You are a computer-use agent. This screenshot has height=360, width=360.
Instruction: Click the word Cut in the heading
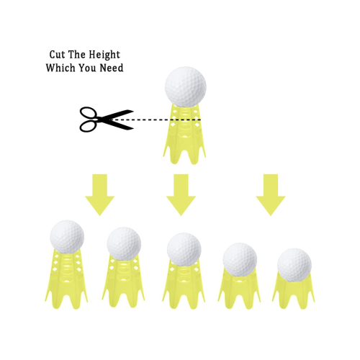click(57, 55)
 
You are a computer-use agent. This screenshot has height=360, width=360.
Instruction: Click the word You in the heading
click(87, 68)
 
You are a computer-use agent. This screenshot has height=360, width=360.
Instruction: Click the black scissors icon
click(107, 119)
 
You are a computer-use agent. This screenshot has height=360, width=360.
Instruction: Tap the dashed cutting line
click(156, 120)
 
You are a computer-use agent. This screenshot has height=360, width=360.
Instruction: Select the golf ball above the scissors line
click(186, 86)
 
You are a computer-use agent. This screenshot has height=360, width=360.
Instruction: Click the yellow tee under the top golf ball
click(184, 134)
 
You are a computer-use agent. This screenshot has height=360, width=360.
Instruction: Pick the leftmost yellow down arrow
click(99, 194)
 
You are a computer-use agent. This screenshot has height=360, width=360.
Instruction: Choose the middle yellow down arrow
click(181, 194)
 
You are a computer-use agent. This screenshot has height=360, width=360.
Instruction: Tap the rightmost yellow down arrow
click(271, 194)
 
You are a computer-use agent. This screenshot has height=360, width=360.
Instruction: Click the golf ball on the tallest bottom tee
click(67, 237)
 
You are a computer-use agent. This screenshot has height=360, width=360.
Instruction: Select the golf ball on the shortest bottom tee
click(294, 265)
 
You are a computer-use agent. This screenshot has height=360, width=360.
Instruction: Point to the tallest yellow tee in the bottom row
click(66, 279)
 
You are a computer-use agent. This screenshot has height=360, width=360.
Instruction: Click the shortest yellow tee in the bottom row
click(293, 291)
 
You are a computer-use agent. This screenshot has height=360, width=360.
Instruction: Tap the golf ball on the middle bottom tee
click(184, 249)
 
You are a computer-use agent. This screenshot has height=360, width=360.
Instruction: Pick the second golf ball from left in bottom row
click(124, 243)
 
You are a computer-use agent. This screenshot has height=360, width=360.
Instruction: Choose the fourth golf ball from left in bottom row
click(240, 259)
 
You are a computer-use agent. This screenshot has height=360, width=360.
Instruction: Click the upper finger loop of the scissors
click(89, 113)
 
